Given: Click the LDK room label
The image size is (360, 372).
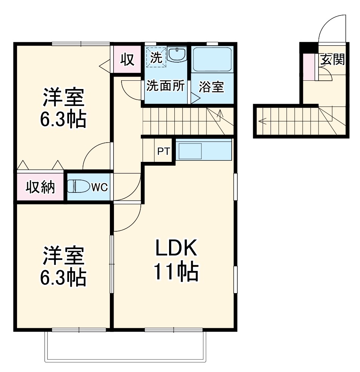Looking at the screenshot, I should coord(175,249).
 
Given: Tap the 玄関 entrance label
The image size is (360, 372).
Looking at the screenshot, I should coord(332,60).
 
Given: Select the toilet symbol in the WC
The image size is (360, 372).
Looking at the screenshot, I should coord(78,186).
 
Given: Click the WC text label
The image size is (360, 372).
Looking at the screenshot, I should coord(100,186).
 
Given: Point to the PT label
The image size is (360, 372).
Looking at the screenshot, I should coord(163,152).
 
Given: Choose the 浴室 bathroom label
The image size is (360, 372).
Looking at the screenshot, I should coord(211,87).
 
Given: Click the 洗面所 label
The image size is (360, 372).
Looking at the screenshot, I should coord(166,86).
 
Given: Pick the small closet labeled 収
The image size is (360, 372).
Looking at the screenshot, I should coord(128,59).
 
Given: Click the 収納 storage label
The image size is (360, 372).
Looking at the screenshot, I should coord(40,187).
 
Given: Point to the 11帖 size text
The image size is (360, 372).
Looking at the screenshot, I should coord(175,272).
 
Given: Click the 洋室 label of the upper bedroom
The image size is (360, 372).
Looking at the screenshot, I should coord(63,98).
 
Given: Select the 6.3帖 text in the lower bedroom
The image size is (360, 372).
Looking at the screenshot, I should coord(63,277).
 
